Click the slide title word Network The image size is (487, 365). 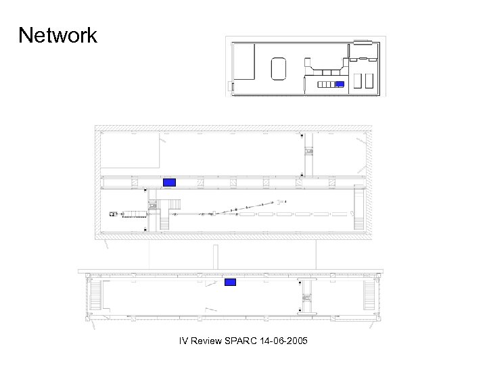57,34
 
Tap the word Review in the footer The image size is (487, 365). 206,341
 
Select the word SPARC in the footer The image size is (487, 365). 241,341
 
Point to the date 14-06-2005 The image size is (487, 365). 283,341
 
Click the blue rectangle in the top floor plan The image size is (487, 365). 340,84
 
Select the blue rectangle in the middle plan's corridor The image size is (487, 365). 169,182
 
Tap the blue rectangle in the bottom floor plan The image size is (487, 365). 230,282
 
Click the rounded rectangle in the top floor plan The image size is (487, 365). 278,68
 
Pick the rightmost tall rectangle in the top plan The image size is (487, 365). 369,81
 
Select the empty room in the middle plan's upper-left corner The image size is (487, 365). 130,150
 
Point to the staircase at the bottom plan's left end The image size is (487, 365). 95,295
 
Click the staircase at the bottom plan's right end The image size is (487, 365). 369,295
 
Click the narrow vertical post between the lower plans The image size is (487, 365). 216,257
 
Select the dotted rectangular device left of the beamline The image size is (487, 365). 135,214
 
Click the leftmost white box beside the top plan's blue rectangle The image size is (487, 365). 320,84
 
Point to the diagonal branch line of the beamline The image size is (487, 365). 244,208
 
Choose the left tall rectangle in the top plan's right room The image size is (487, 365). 358,81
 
